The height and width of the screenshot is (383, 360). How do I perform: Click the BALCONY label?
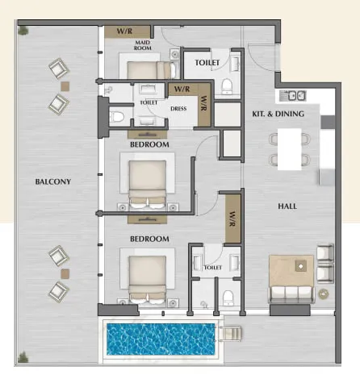pyautogui.click(x=53, y=181)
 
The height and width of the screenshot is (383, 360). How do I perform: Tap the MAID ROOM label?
pyautogui.click(x=143, y=45)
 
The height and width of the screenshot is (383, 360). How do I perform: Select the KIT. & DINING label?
pyautogui.click(x=278, y=114)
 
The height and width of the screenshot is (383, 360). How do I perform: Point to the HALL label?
pyautogui.click(x=287, y=206)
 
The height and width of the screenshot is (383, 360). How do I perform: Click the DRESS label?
pyautogui.click(x=178, y=109)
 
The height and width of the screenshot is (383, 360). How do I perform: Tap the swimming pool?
pyautogui.click(x=161, y=339)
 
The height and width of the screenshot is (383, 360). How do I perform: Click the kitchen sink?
pyautogui.click(x=293, y=96)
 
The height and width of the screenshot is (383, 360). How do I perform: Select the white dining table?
pyautogui.click(x=290, y=149)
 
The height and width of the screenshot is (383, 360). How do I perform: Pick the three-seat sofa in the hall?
pyautogui.click(x=291, y=294)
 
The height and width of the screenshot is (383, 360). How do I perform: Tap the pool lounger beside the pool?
pyautogui.click(x=230, y=334)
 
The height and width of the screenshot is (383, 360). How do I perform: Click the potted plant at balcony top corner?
pyautogui.click(x=23, y=30)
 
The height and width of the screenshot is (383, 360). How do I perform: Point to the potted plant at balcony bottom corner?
pyautogui.click(x=23, y=357)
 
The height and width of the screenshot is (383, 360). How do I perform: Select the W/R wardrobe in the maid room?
pyautogui.click(x=128, y=31)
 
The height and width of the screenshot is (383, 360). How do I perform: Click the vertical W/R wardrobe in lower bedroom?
pyautogui.click(x=232, y=219)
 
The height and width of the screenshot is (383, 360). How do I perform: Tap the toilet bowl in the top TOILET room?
pyautogui.click(x=227, y=85)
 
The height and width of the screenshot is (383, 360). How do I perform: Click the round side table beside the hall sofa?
pyautogui.click(x=324, y=293)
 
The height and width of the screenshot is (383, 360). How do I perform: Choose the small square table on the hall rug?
pyautogui.click(x=300, y=266)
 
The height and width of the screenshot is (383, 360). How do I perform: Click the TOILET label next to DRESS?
pyautogui.click(x=149, y=102)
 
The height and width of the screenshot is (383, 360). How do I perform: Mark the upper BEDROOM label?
pyautogui.click(x=149, y=144)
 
